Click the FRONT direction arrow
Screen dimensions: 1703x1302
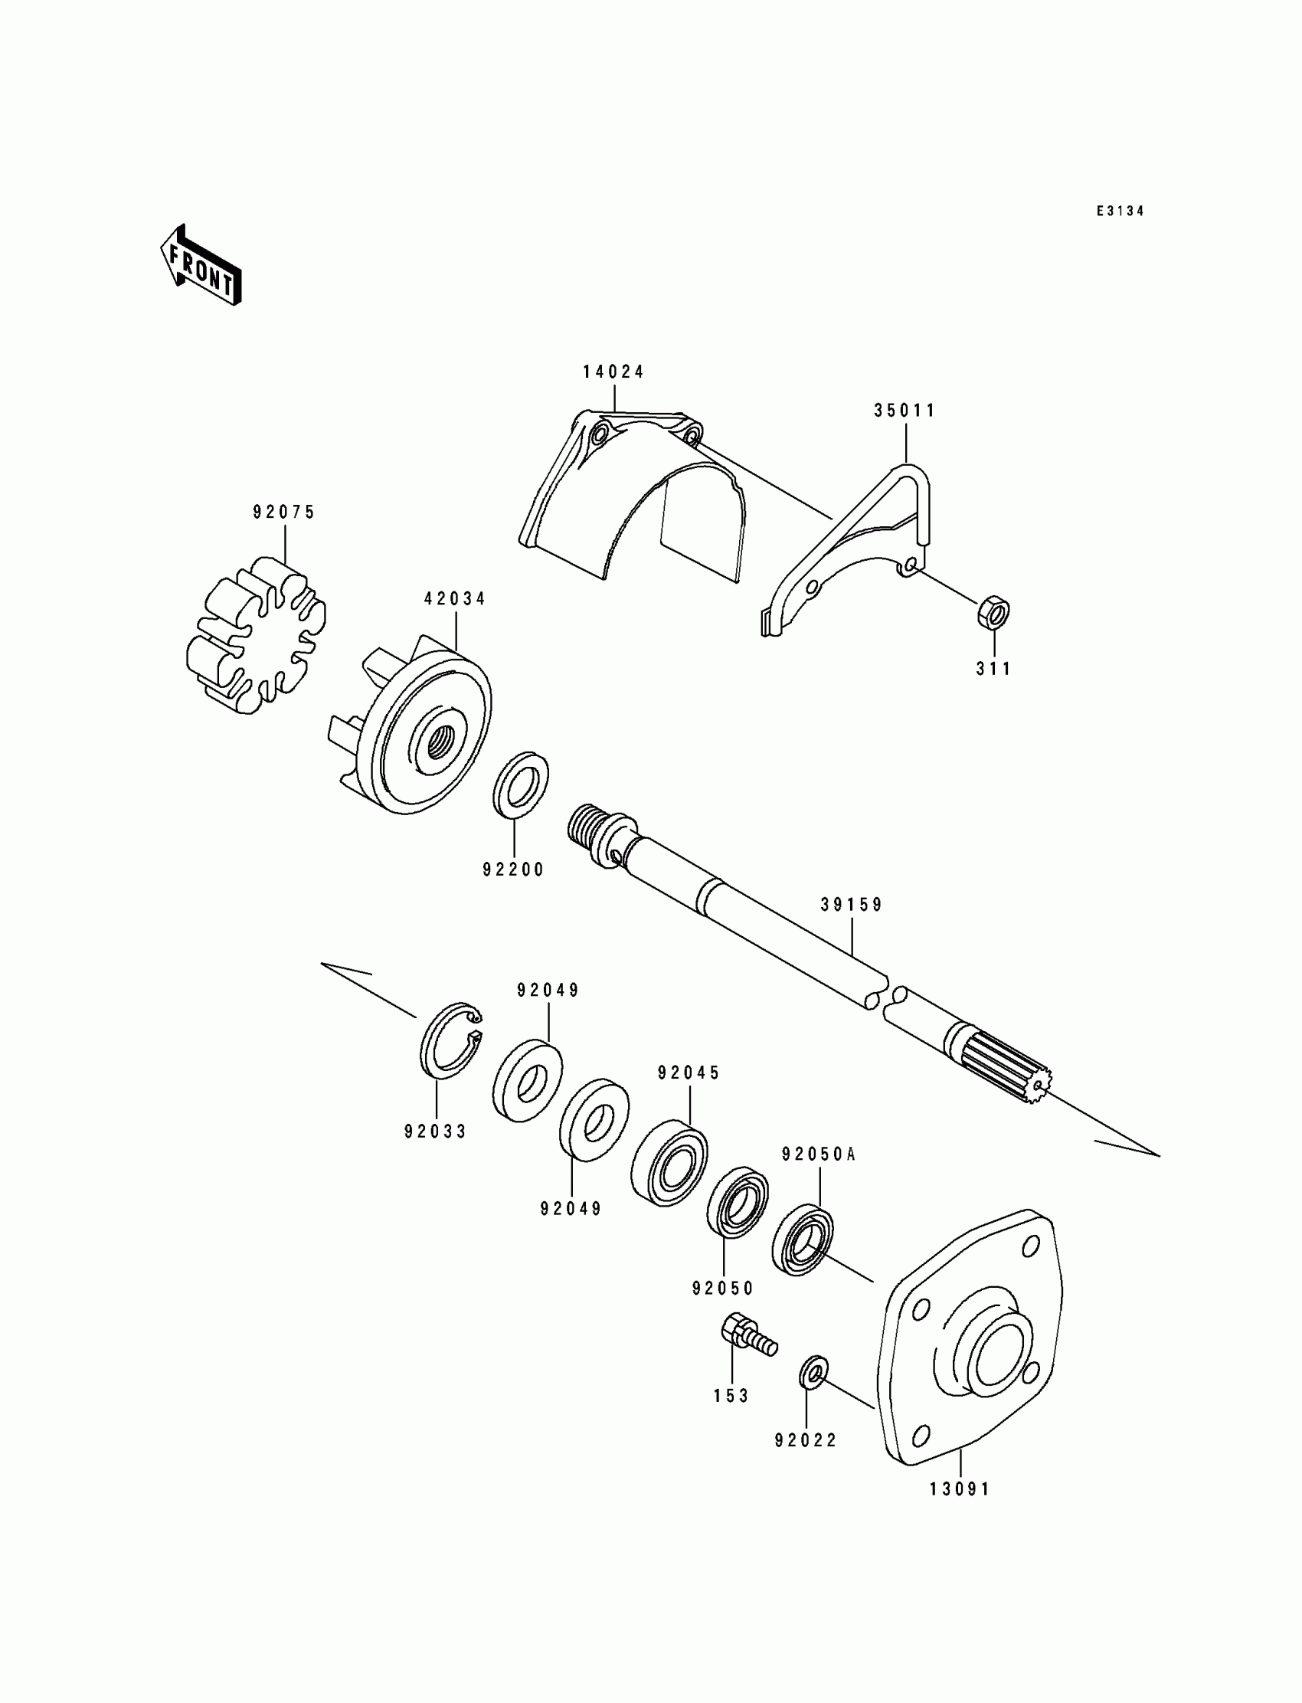pyautogui.click(x=201, y=266)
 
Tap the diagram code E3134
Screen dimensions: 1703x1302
pyautogui.click(x=1120, y=211)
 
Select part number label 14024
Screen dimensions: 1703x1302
pyautogui.click(x=613, y=372)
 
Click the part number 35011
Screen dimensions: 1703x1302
pyautogui.click(x=905, y=411)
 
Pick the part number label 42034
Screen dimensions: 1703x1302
pyautogui.click(x=455, y=599)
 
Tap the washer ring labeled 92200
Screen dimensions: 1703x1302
pyautogui.click(x=521, y=783)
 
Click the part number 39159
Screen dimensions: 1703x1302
pyautogui.click(x=852, y=905)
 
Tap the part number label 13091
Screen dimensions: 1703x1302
pyautogui.click(x=960, y=1489)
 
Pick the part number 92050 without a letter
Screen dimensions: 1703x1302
pyautogui.click(x=722, y=1289)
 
